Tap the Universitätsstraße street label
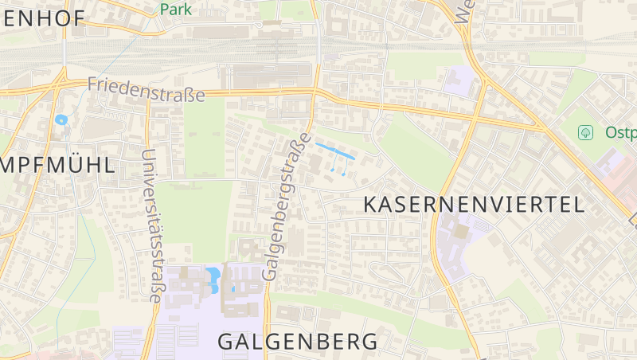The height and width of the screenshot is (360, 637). coord(150,226)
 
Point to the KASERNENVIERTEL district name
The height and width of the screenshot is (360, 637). coord(474,204)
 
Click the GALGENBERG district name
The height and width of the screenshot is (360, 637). coord(298,342)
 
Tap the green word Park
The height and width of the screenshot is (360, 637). coord(176,9)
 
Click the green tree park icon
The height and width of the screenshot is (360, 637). coord(587,131)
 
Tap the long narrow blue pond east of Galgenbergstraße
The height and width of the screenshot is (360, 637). coord(334,150)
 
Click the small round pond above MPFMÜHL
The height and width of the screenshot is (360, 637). coord(61,120)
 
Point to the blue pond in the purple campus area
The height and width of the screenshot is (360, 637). coord(213,280)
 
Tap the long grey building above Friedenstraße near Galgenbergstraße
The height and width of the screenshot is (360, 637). coord(271,76)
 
